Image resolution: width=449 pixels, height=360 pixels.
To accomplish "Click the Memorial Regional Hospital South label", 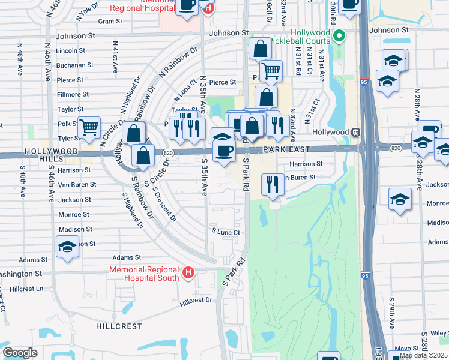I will click(x=144, y=274).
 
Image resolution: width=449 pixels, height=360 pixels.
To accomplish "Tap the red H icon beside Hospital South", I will click(x=188, y=274).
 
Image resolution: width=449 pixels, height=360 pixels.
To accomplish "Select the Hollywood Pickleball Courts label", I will click(x=311, y=37).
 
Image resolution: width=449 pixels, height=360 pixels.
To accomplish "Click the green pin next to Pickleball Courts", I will click(x=340, y=36).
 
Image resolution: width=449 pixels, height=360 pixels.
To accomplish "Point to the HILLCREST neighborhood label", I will click(x=119, y=326).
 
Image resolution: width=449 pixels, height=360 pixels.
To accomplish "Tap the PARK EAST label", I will click(x=286, y=149).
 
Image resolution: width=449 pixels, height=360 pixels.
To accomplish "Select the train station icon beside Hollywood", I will click(x=356, y=131).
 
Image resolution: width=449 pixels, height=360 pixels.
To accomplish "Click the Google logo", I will click(x=20, y=353).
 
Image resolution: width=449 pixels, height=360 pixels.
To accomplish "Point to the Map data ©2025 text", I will click(x=423, y=355).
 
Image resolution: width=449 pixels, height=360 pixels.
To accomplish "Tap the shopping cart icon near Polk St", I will click(x=89, y=127).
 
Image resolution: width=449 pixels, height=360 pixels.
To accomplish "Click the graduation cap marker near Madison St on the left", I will click(x=67, y=246).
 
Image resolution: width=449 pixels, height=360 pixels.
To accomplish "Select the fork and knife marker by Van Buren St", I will click(x=273, y=184).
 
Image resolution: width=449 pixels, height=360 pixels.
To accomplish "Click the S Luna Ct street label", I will click(x=225, y=232).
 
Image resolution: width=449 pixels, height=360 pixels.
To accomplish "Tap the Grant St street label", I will click(x=110, y=21).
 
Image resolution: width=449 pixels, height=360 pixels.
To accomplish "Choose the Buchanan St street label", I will click(x=74, y=65).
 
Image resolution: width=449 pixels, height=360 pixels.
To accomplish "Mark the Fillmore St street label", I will click(x=73, y=94).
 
